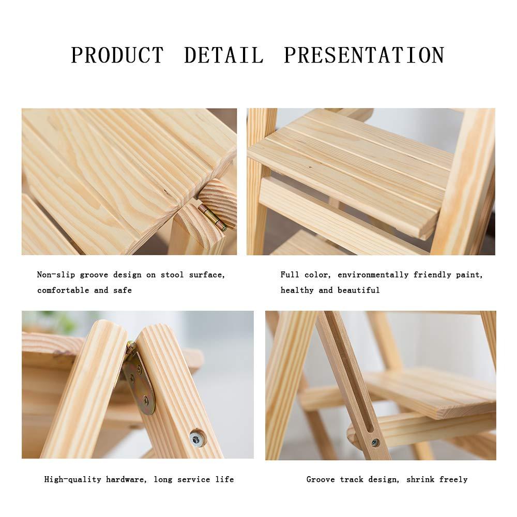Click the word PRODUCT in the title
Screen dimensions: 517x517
(x=116, y=55)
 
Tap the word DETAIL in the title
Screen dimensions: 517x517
(x=224, y=55)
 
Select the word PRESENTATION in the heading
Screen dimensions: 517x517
(x=364, y=55)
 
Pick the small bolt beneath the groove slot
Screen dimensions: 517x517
(x=375, y=443)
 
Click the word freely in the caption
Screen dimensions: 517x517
(x=453, y=480)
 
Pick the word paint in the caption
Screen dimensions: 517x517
(x=468, y=275)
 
